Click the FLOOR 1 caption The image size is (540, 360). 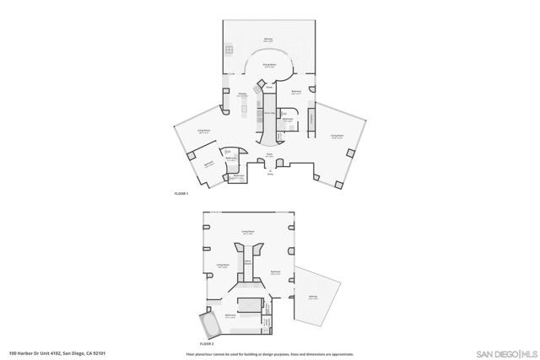181,194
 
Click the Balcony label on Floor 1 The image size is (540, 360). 268,40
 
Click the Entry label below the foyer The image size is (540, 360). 270,175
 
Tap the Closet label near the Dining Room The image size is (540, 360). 268,85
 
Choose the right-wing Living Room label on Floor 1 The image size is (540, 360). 337,136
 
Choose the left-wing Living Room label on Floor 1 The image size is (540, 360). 203,132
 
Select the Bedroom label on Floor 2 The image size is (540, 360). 275,271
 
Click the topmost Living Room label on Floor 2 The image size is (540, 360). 248,231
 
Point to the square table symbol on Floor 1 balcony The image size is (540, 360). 228,49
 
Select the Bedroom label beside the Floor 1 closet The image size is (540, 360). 296,92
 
